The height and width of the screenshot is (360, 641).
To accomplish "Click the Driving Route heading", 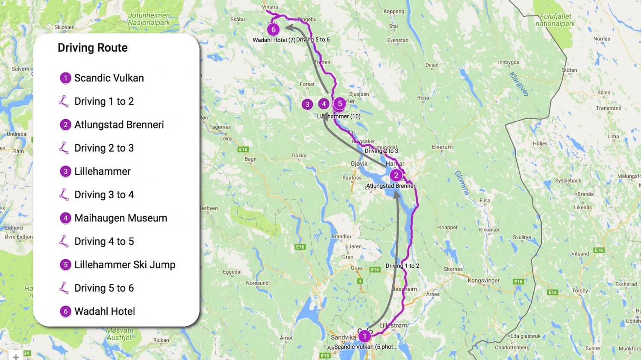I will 92,48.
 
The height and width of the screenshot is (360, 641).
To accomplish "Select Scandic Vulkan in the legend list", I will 109,78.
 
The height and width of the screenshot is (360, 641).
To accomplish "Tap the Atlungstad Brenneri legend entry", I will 119,125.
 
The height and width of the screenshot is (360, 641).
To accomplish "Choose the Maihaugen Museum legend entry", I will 121,218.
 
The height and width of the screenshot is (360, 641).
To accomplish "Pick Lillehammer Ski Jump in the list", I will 124,265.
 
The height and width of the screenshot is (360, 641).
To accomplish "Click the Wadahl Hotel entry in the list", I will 104,311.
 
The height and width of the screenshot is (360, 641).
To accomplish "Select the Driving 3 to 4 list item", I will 104,195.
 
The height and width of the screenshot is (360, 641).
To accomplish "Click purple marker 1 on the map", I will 365,337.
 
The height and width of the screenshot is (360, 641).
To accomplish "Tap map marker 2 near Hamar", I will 396,175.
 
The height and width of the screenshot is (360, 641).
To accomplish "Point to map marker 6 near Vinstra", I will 273,29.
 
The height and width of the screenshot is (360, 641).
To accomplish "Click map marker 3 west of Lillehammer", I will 307,104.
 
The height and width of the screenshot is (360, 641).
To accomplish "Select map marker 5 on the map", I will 340,103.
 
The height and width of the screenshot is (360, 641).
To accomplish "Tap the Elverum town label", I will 442,147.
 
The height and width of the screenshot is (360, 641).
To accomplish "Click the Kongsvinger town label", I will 483,281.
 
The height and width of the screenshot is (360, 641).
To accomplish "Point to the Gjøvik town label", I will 359,164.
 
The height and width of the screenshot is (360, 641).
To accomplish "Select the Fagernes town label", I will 220,127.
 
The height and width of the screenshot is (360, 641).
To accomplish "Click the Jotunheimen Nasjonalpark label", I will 149,19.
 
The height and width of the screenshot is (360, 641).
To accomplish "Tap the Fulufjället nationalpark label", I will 555,20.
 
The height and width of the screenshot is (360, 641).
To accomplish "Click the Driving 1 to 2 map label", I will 402,266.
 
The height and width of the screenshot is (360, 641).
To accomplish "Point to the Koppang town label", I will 394,12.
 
